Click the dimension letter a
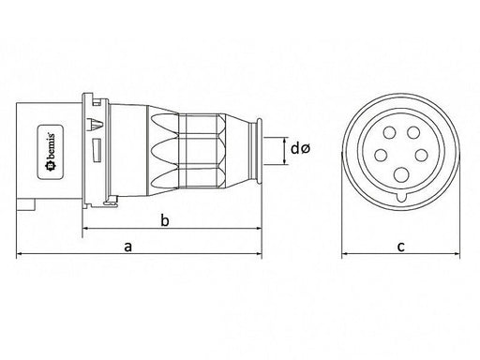(128, 247)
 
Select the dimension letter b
(165, 220)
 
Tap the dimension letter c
(401, 247)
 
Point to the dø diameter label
(300, 148)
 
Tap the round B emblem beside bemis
(51, 167)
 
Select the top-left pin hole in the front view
(389, 133)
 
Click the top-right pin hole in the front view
(413, 133)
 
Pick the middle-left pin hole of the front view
(381, 156)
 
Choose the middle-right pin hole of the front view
(421, 156)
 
